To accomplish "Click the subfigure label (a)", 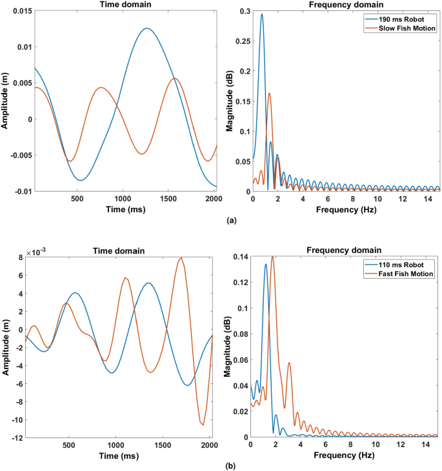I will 232,221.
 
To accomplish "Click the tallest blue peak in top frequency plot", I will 262,14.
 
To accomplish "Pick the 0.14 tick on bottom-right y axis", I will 239,257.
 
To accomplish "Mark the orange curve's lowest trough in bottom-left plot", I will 203,425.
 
